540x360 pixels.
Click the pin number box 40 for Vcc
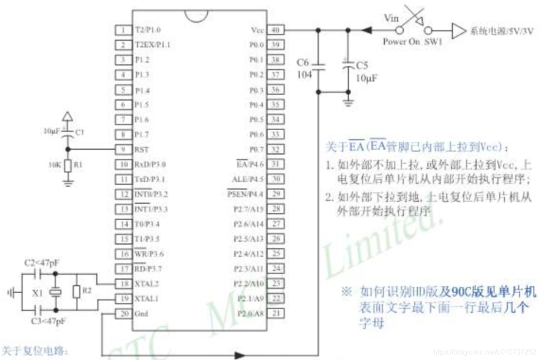coord(275,30)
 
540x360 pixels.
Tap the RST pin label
coord(141,149)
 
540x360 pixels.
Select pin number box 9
coord(124,149)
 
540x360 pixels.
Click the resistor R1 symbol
coord(67,166)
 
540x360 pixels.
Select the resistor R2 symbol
coord(77,291)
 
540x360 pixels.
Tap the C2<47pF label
coord(42,263)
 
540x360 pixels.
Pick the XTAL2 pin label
coord(147,284)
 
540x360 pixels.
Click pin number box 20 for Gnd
coord(124,314)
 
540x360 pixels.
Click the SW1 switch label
coord(433,42)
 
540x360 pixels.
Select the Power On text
coord(401,42)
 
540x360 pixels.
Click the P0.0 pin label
coord(257,45)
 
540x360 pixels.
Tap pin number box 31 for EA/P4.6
coord(275,164)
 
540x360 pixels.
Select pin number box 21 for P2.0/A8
coord(275,313)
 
